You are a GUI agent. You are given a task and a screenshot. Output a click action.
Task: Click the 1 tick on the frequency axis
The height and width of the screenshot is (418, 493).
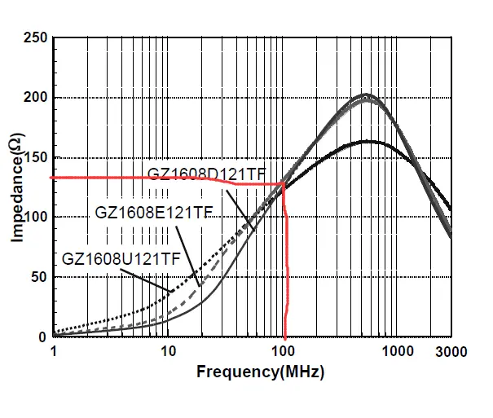pos(54,351)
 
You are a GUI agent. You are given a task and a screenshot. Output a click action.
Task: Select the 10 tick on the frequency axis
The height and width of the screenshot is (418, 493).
pos(168,351)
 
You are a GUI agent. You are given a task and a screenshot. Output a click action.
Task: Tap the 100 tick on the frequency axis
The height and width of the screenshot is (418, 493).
pos(283,351)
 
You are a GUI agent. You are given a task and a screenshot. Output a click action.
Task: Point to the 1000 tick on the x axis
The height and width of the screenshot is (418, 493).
pos(397,351)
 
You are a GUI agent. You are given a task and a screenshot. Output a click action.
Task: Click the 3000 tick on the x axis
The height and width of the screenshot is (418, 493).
pos(451,351)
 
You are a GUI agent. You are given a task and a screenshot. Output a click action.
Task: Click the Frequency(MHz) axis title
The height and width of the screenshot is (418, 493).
pos(260,372)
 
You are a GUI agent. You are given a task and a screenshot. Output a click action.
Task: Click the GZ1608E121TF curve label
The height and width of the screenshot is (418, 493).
pos(153,213)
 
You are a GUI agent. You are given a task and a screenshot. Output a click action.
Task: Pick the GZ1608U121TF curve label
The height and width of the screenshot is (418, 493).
pos(121,259)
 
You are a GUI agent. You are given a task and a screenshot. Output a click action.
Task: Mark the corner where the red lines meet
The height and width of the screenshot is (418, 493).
pos(284,184)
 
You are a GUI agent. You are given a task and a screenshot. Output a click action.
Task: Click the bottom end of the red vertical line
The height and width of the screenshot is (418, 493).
pos(284,336)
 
